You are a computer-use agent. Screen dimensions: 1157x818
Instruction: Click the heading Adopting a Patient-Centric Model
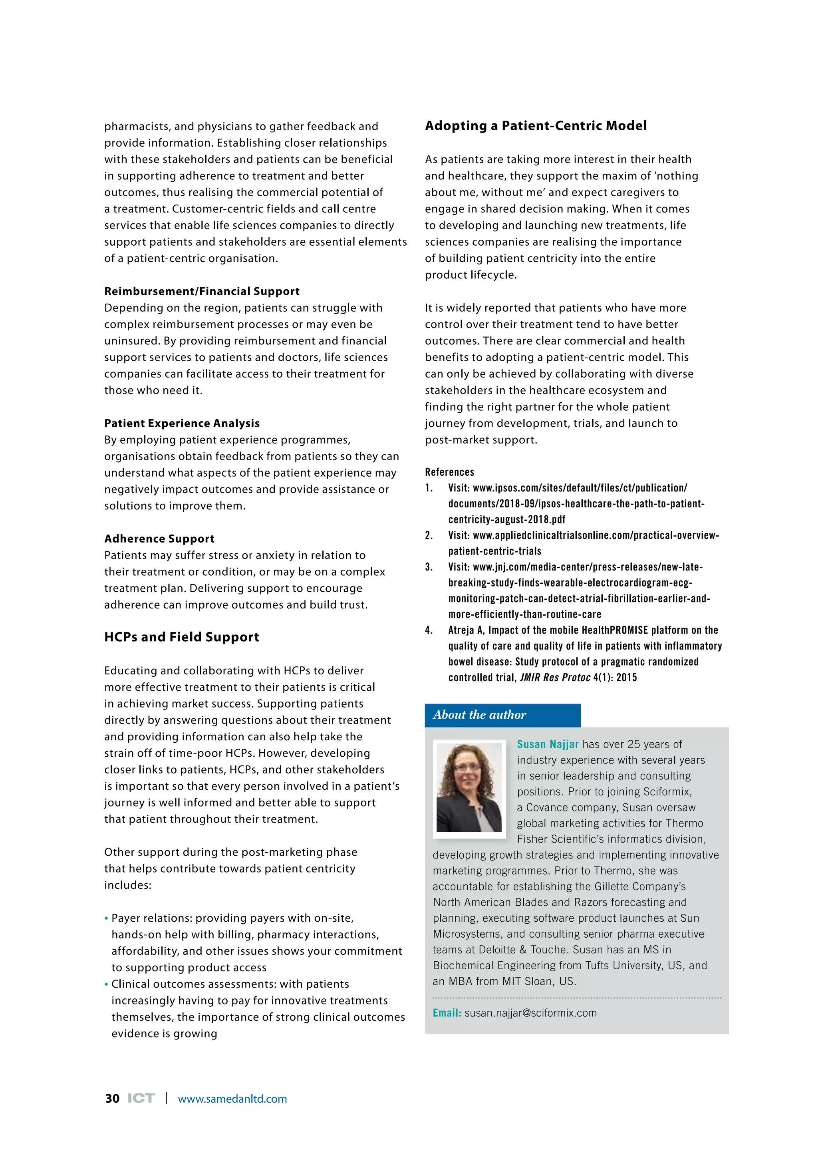pos(536,125)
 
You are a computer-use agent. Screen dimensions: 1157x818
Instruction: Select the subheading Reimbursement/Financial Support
pos(201,291)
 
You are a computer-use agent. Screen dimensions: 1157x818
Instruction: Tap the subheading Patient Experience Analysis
pos(182,423)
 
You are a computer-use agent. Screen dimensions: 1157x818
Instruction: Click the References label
pos(449,472)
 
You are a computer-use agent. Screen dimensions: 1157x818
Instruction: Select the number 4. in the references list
pos(429,630)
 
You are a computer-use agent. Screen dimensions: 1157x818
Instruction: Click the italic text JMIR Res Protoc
pos(554,678)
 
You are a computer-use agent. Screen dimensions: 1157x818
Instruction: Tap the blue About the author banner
pos(502,715)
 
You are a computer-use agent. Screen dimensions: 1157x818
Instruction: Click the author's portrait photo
pos(469,789)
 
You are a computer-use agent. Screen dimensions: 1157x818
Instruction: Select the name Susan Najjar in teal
pos(548,744)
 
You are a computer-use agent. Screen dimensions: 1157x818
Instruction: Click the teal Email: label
pos(447,1013)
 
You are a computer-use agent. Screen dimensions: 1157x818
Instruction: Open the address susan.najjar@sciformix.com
pos(530,1013)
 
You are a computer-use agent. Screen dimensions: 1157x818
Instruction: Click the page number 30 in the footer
pos(112,1099)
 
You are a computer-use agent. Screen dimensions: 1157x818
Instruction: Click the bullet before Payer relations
pos(106,918)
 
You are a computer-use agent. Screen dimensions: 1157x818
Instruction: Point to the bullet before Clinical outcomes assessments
pos(106,985)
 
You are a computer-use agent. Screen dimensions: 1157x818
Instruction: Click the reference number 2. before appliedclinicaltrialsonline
pos(429,535)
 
